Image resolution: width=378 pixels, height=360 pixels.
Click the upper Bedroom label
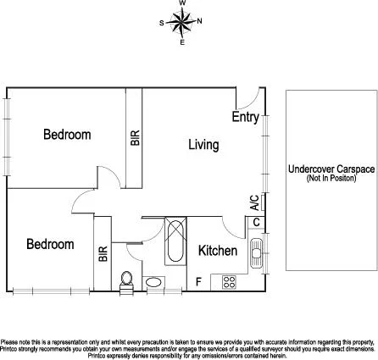[67, 135]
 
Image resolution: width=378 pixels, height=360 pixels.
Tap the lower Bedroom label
[50, 244]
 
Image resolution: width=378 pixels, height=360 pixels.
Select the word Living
[203, 145]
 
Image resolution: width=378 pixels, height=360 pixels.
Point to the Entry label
[245, 118]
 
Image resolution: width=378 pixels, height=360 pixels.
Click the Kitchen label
[217, 251]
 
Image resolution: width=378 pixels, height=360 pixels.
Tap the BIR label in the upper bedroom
[133, 138]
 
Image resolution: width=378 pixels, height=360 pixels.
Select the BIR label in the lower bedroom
[103, 253]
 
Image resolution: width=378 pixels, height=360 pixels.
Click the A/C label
[254, 202]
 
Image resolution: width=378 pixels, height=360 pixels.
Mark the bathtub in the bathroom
[175, 241]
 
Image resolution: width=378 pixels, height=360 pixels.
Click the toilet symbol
[127, 280]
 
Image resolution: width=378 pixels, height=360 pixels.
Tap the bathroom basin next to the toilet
[155, 282]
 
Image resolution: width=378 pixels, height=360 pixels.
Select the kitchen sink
[258, 252]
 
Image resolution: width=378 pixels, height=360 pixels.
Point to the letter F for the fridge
[198, 281]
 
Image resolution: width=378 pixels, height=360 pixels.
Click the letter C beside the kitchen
[256, 222]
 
